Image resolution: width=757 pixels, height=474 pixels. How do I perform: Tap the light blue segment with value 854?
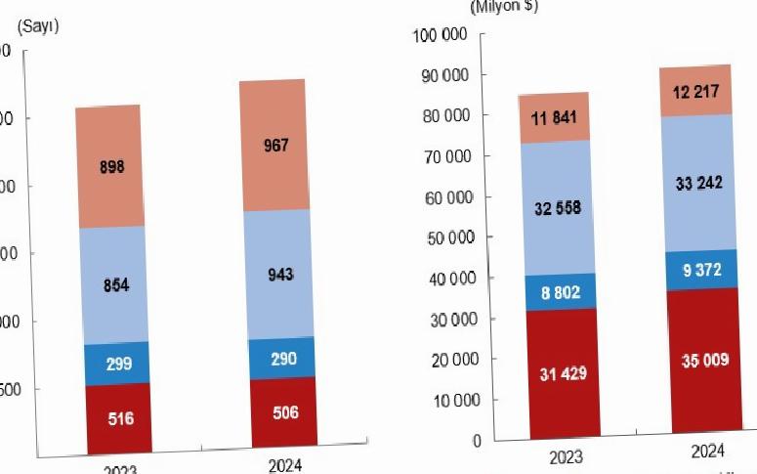click(114, 284)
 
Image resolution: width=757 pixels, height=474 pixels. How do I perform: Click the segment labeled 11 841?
click(553, 117)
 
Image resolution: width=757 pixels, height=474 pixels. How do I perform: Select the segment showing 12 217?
click(696, 91)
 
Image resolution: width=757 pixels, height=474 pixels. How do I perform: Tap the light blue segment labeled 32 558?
click(557, 207)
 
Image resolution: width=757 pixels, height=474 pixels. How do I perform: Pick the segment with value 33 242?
click(698, 183)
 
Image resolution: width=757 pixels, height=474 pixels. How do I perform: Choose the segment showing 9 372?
click(701, 270)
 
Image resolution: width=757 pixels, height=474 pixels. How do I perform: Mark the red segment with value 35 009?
click(703, 361)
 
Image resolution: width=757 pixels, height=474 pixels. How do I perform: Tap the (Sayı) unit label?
click(38, 26)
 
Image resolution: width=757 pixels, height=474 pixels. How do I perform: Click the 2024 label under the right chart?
click(707, 452)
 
